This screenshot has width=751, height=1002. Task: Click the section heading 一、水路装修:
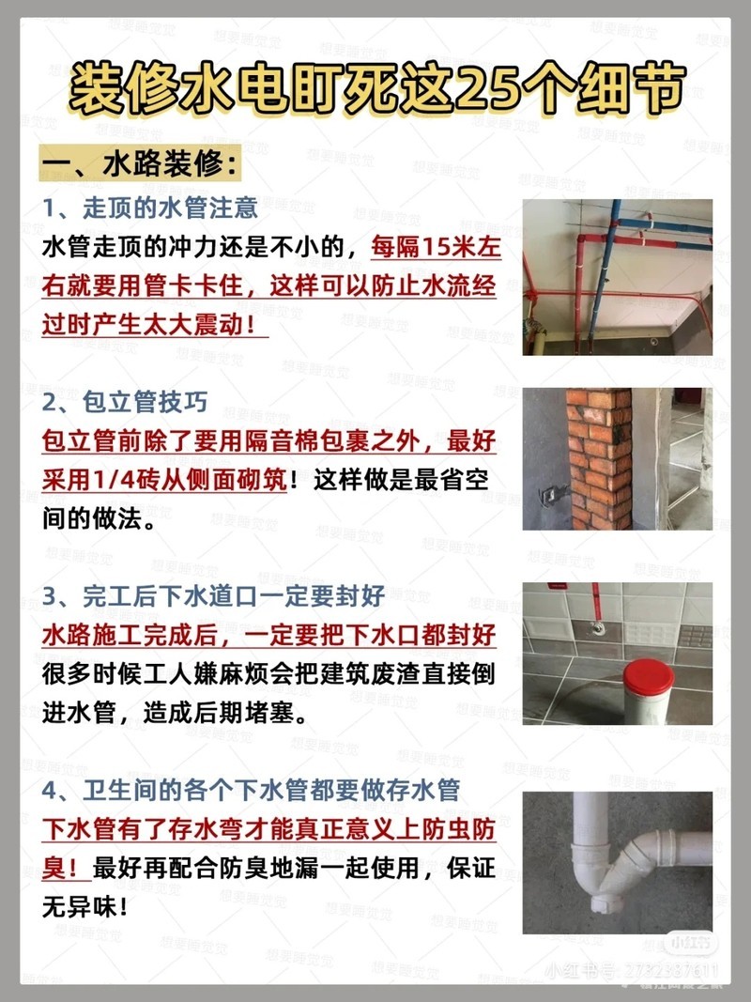(142, 163)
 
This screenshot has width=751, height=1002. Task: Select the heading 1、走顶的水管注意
(150, 208)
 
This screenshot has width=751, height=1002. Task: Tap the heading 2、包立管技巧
(125, 402)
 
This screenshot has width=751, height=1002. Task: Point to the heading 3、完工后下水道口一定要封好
(213, 596)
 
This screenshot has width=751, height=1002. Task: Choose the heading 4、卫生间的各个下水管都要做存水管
(251, 791)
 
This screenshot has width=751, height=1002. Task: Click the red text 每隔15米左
(437, 247)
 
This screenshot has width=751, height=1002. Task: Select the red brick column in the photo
(599, 459)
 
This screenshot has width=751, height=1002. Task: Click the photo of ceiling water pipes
(618, 277)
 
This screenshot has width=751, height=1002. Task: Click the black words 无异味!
(84, 906)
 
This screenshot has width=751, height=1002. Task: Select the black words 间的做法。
(99, 518)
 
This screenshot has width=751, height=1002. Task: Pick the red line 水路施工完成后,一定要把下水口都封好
(268, 635)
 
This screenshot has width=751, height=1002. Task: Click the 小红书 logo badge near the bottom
(691, 943)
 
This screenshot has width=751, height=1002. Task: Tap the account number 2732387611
(670, 972)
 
